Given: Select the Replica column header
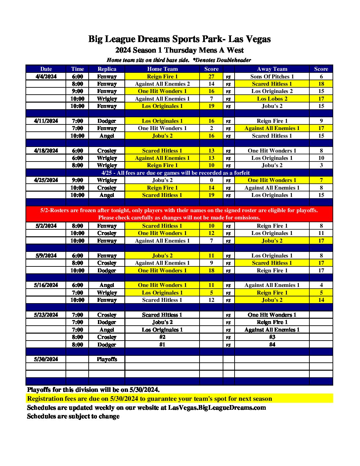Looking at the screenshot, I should pyautogui.click(x=107, y=69).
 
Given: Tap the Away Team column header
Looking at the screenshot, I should pyautogui.click(x=272, y=69).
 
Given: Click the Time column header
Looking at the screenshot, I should pyautogui.click(x=77, y=69).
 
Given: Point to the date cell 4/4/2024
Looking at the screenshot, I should pyautogui.click(x=46, y=76).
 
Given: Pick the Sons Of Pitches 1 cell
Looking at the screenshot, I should pyautogui.click(x=272, y=76).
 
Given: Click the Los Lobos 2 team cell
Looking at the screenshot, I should pyautogui.click(x=272, y=99).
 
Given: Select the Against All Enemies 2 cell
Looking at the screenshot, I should pyautogui.click(x=162, y=84).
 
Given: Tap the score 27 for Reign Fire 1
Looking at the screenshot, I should pyautogui.click(x=211, y=76).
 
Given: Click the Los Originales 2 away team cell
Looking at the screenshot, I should pyautogui.click(x=272, y=91).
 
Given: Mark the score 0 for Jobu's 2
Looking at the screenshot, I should pyautogui.click(x=211, y=180).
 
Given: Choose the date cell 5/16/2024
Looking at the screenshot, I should pyautogui.click(x=46, y=285).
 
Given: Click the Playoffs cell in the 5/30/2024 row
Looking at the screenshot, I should pyautogui.click(x=107, y=359).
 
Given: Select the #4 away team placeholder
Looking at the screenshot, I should pyautogui.click(x=272, y=345).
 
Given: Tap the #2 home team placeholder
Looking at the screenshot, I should pyautogui.click(x=162, y=337).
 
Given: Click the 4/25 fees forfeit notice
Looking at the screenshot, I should pyautogui.click(x=175, y=173).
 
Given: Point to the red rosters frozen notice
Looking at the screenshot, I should pyautogui.click(x=179, y=214).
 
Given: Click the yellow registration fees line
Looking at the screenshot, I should pyautogui.click(x=150, y=398).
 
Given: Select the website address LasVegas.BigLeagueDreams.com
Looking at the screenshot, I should pyautogui.click(x=217, y=407).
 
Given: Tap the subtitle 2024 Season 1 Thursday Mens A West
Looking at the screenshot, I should pyautogui.click(x=179, y=50).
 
